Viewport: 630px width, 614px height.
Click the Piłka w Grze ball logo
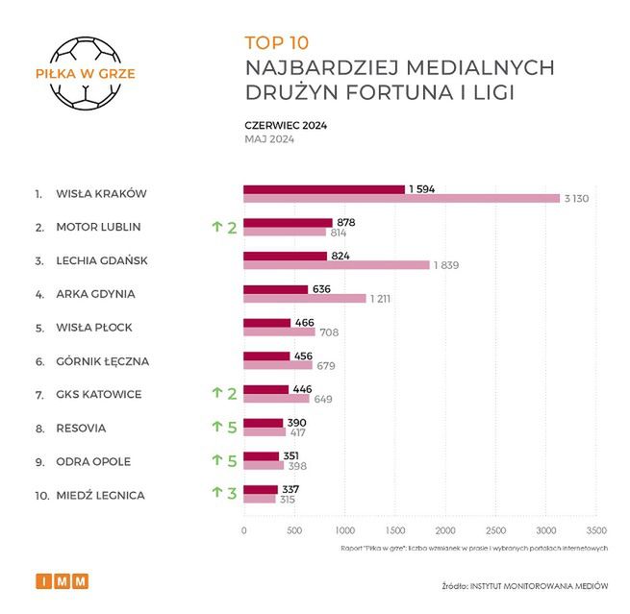click(85, 73)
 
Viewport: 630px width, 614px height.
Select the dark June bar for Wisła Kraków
click(323, 189)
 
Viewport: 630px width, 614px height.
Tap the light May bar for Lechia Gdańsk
click(336, 265)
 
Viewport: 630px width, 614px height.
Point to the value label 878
click(346, 222)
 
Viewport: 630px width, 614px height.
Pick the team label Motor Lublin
click(99, 227)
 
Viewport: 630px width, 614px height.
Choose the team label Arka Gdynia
click(96, 294)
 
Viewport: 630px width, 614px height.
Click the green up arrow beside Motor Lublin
click(216, 228)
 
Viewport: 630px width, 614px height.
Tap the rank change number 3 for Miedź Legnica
click(232, 495)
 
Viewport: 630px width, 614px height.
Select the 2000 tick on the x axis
click(444, 530)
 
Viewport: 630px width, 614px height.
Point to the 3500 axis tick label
click(595, 530)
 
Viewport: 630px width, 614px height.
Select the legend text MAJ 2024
click(269, 138)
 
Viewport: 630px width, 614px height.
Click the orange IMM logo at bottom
click(62, 581)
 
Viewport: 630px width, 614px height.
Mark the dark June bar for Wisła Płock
click(266, 323)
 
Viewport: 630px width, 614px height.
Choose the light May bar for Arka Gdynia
click(304, 299)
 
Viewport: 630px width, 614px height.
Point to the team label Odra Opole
click(94, 461)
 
